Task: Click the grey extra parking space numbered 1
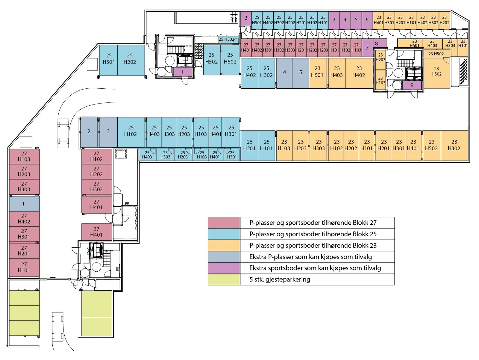tap(24, 204)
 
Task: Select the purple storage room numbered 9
tap(412, 85)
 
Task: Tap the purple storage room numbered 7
tap(368, 48)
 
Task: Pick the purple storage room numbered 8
tap(380, 43)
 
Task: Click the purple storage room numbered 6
tap(367, 20)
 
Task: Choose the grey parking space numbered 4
tap(285, 73)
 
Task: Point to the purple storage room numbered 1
tap(183, 72)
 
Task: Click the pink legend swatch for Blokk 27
tap(224, 223)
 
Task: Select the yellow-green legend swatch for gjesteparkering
tap(224, 279)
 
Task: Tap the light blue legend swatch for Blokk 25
tap(224, 234)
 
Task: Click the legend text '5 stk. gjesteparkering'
tap(280, 279)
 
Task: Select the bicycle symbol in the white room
tap(234, 17)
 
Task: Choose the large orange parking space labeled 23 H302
tap(454, 146)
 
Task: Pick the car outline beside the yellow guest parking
tap(57, 327)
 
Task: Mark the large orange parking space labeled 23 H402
tap(359, 73)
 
